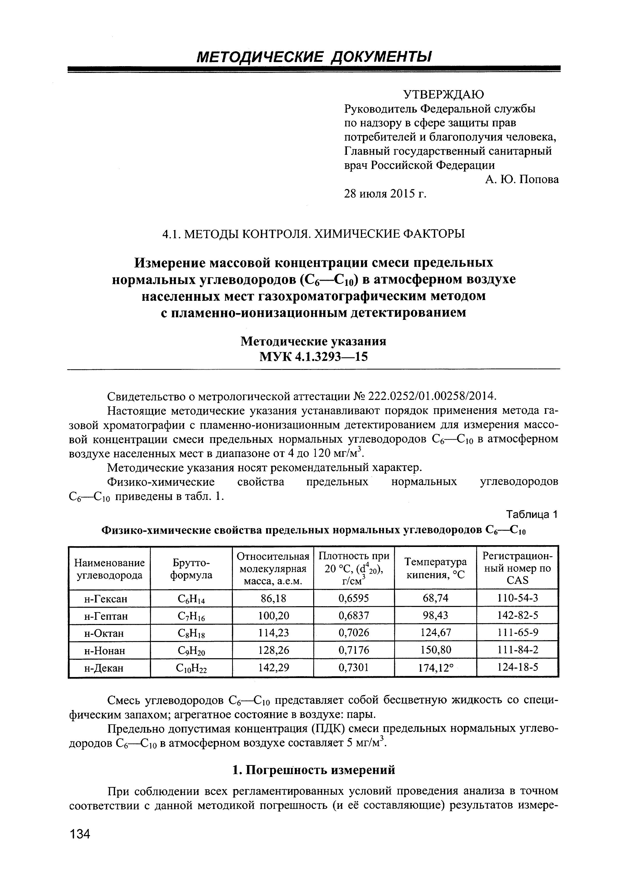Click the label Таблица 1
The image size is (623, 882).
(532, 514)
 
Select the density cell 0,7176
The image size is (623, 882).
(354, 650)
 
